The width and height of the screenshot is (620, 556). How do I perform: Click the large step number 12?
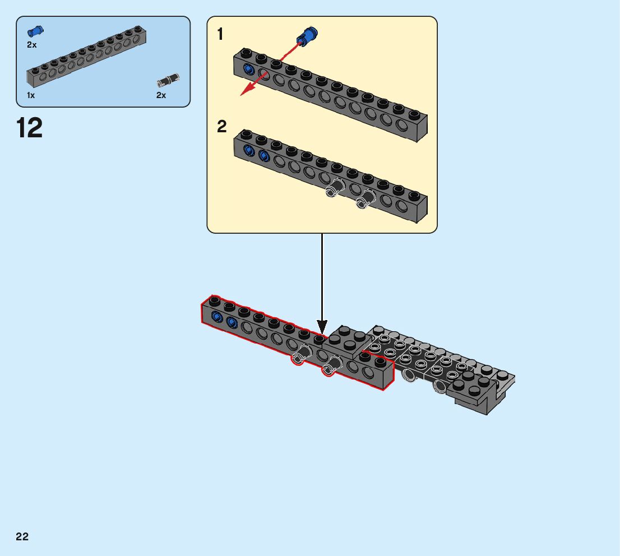point(30,128)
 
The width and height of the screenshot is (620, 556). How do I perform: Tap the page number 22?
point(22,537)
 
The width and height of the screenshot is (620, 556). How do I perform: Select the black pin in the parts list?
point(168,80)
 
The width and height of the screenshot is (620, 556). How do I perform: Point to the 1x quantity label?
point(31,95)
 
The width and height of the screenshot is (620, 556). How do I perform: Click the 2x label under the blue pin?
point(32,45)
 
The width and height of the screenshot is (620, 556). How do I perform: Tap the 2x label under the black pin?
point(161,95)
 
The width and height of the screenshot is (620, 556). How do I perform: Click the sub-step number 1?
point(220,35)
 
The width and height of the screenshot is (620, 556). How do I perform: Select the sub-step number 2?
point(222,127)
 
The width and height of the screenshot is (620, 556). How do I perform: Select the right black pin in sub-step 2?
point(366,198)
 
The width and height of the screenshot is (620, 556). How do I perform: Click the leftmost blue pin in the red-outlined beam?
point(216,318)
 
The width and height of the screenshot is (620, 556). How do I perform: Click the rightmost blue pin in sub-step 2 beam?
point(263,155)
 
